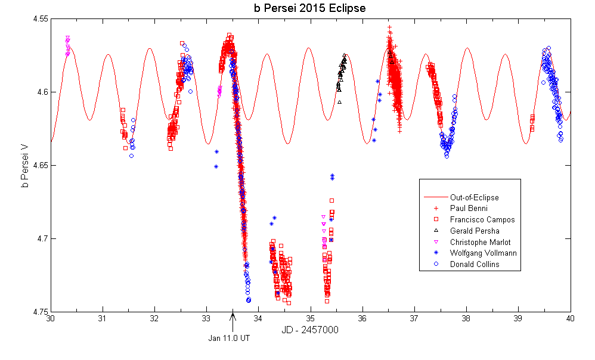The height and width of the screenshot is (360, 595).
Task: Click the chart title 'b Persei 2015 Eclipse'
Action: (x=309, y=8)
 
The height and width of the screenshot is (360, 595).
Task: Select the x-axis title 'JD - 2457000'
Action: (x=309, y=330)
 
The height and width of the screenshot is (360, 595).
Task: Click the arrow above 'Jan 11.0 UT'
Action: (x=233, y=320)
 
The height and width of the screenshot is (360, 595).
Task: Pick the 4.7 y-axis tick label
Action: (x=42, y=238)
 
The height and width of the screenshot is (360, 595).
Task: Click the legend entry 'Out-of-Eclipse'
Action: (x=474, y=197)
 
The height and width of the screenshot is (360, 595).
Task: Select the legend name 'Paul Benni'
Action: (x=469, y=209)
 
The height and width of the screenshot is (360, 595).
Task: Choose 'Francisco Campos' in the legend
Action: (x=482, y=219)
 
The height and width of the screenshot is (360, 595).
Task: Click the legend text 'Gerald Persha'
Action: (x=475, y=231)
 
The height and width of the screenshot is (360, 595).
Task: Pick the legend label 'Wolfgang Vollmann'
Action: (x=483, y=253)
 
